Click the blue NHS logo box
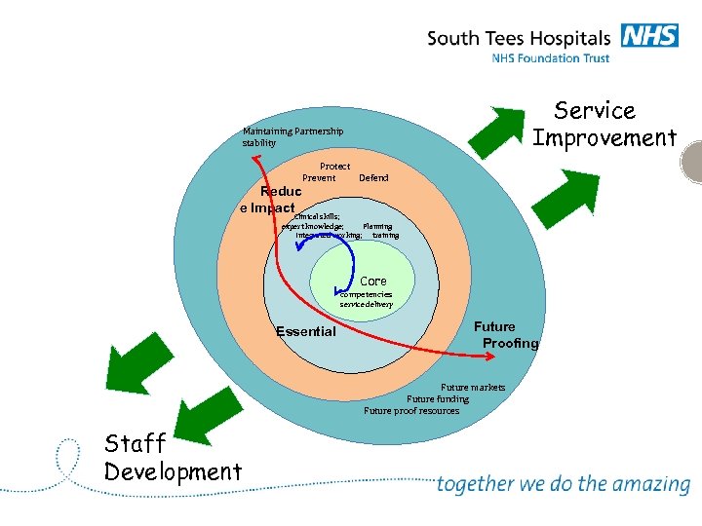pos(647,36)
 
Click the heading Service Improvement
pos(604,125)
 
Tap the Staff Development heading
pos(173,458)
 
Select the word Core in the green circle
pos(373,281)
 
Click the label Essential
pos(305,331)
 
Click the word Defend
pos(373,178)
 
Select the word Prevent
pos(319,178)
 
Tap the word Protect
pos(334,167)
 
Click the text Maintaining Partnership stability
pos(292,137)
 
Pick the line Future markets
pos(473,388)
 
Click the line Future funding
pos(438,399)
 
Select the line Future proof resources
pos(411,411)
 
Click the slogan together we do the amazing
pos(563,484)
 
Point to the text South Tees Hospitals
pos(518,39)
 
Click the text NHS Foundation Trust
pos(550,58)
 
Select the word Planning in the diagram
pos(377,226)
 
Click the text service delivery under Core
pos(367,305)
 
